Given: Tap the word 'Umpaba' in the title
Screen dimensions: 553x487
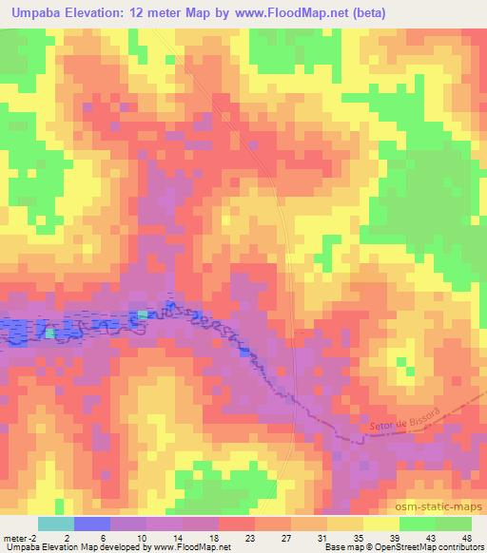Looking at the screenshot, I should [x=41, y=14].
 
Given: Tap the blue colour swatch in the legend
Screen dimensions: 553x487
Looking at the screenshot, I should [x=91, y=524].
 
